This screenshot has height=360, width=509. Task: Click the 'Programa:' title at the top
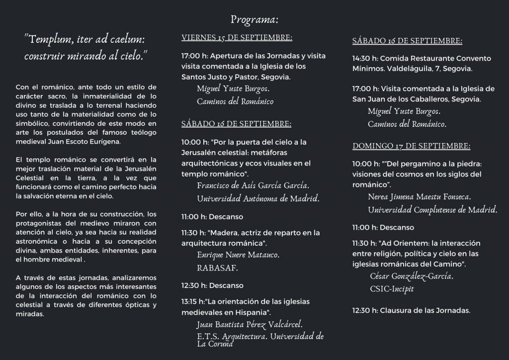click(x=254, y=20)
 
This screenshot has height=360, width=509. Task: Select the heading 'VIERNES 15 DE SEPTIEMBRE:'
click(x=237, y=38)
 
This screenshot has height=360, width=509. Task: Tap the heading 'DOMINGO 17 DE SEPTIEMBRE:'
click(x=411, y=146)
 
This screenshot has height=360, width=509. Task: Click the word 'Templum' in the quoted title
click(x=50, y=39)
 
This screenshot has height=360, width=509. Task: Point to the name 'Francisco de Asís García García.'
click(x=253, y=186)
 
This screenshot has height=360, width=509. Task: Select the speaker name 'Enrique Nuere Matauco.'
click(x=238, y=255)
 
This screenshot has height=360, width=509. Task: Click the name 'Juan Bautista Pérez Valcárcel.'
click(x=250, y=325)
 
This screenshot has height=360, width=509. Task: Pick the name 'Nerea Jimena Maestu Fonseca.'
click(x=420, y=197)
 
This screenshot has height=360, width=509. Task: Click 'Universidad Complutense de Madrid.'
click(x=432, y=209)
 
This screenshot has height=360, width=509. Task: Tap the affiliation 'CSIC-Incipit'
click(x=392, y=288)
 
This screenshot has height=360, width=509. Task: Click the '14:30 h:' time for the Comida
click(x=365, y=58)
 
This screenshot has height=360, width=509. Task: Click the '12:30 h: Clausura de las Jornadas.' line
click(x=411, y=311)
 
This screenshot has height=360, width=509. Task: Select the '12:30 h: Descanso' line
click(x=212, y=285)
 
